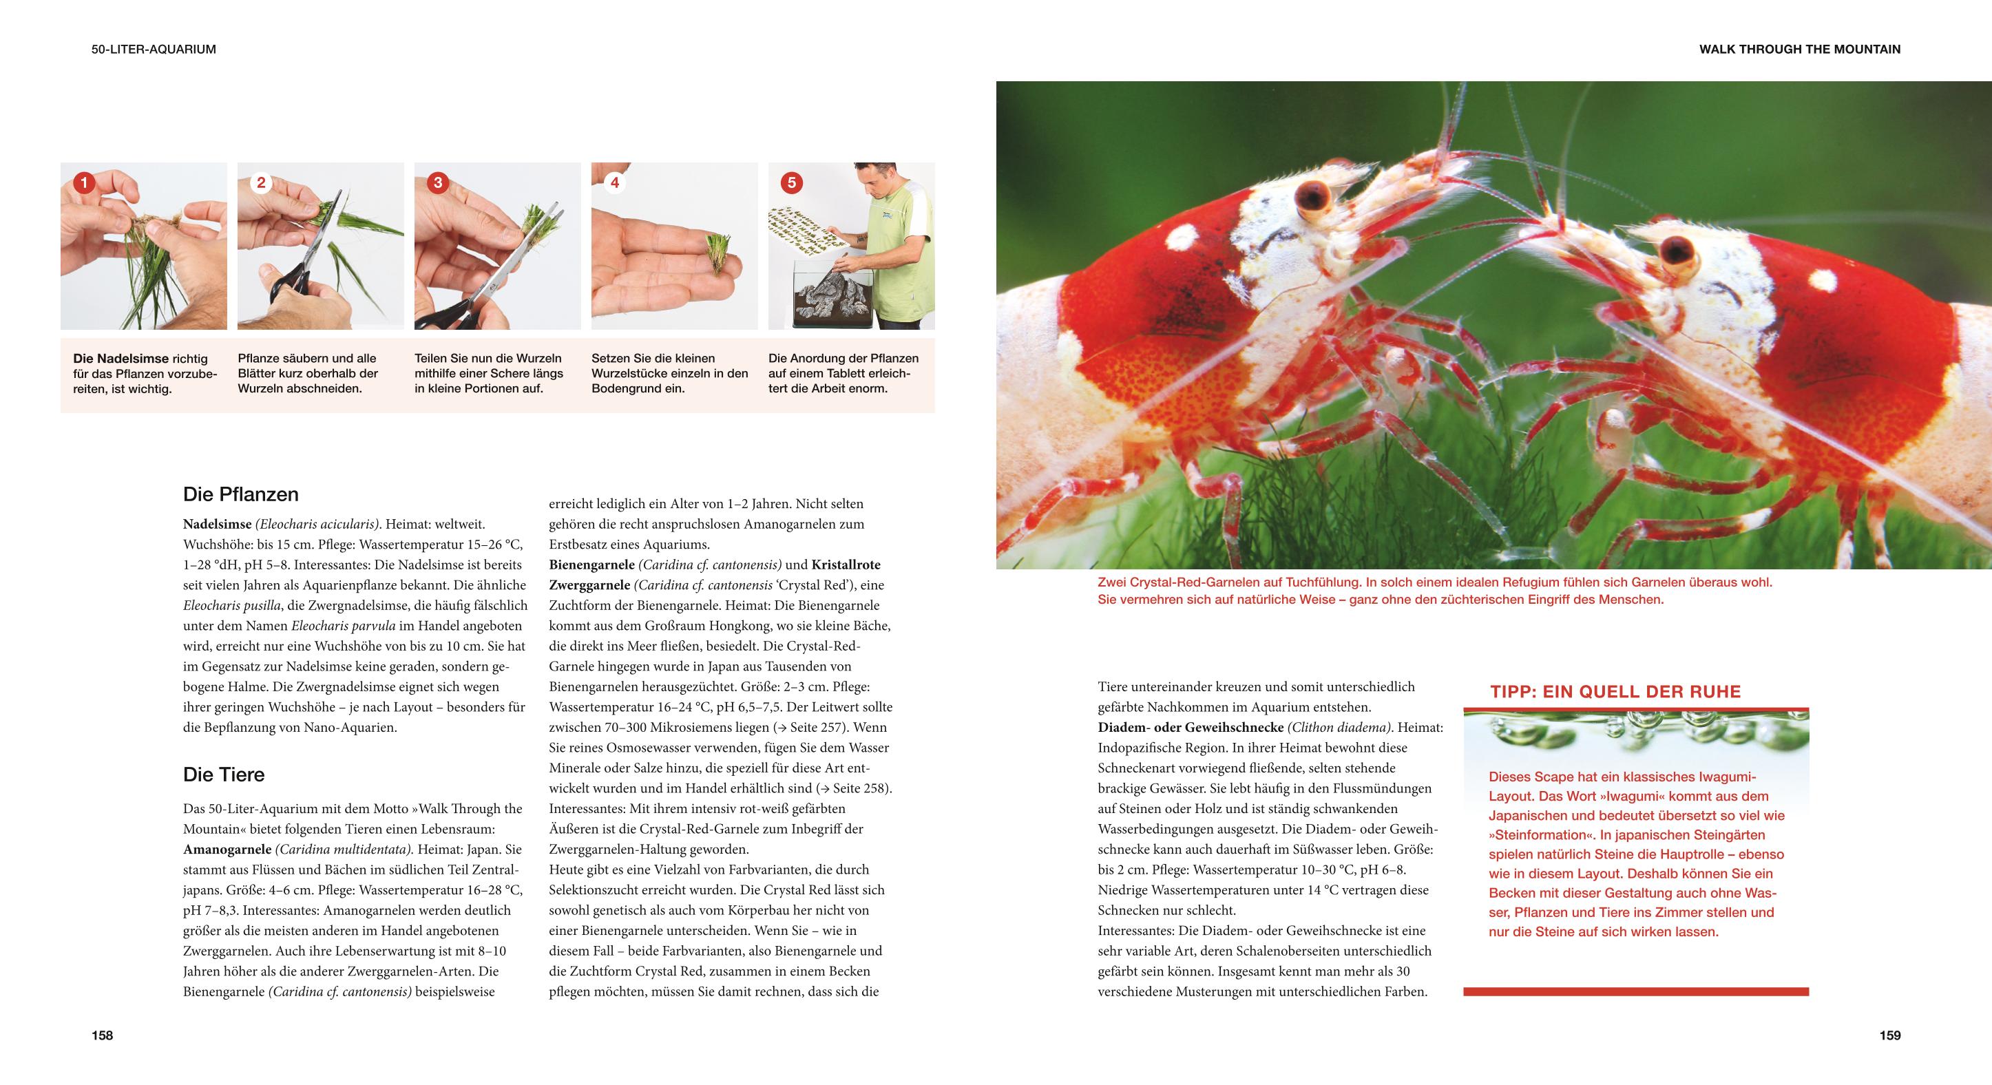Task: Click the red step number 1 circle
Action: click(x=83, y=183)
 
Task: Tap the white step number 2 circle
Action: click(x=260, y=183)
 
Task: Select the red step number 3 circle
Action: click(x=438, y=183)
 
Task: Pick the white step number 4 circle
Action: click(x=615, y=183)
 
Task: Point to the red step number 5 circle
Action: click(x=791, y=183)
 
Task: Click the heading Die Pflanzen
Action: click(x=240, y=494)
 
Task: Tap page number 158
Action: click(x=102, y=1035)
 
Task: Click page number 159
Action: click(x=1890, y=1035)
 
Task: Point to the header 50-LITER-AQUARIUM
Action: click(x=154, y=50)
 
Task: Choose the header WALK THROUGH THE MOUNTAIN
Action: click(x=1799, y=50)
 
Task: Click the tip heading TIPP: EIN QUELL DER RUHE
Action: click(x=1615, y=692)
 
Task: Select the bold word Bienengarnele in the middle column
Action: click(x=591, y=565)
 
